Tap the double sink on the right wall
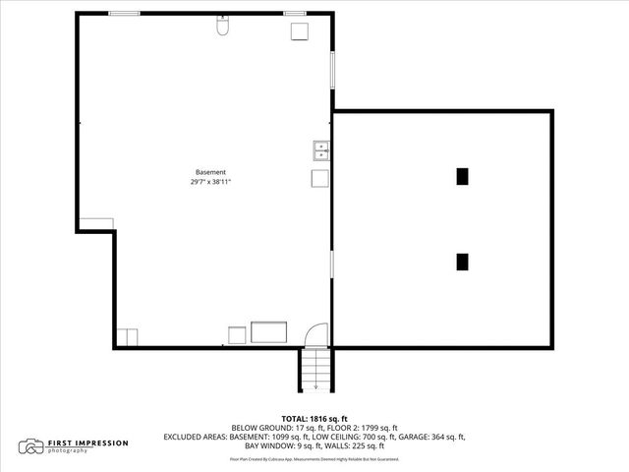click(321, 150)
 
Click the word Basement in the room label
click(210, 172)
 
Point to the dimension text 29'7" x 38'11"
click(210, 182)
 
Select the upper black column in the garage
click(462, 176)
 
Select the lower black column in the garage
click(462, 262)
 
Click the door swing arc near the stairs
click(314, 334)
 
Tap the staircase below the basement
click(315, 369)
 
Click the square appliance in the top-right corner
click(299, 30)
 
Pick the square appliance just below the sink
click(320, 178)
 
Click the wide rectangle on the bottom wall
click(268, 331)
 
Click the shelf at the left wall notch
click(96, 224)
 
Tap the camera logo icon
click(32, 446)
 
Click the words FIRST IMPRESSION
click(88, 442)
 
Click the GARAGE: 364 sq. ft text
click(433, 436)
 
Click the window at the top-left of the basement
click(123, 13)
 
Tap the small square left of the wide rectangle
click(237, 334)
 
